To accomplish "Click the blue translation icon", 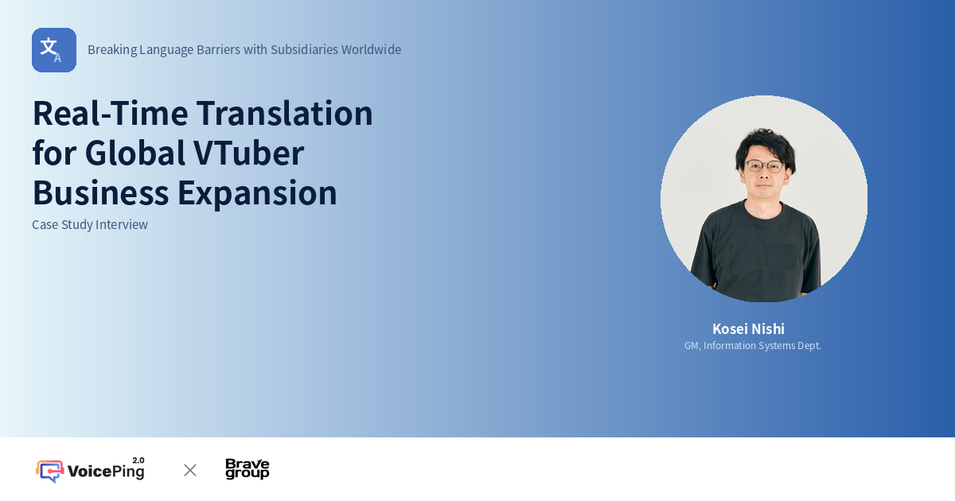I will point(54,50).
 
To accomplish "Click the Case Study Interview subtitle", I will point(90,224).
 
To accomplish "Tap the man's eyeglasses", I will point(764,166).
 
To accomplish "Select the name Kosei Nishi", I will point(748,328).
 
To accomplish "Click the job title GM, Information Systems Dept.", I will point(753,346).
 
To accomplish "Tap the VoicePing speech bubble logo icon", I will point(49,471).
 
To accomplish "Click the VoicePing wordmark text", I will point(106,472).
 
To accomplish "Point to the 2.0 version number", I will point(138,460).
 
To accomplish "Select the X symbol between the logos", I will point(190,470).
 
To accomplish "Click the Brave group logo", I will point(248,469).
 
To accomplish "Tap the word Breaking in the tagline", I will point(111,49).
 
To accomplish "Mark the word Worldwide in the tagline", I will point(371,49).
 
